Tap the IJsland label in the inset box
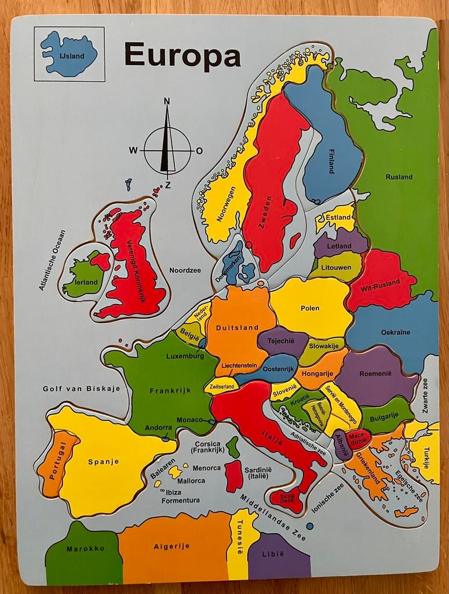pyautogui.click(x=72, y=56)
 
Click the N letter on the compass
pyautogui.click(x=167, y=102)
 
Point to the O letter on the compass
pyautogui.click(x=200, y=151)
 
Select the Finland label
pyautogui.click(x=331, y=161)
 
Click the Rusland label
pyautogui.click(x=399, y=177)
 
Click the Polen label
pyautogui.click(x=310, y=308)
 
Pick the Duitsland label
pyautogui.click(x=237, y=328)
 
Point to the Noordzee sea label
pyautogui.click(x=185, y=270)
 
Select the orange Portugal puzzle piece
pyautogui.click(x=56, y=463)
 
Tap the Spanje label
pyautogui.click(x=104, y=462)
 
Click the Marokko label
pyautogui.click(x=85, y=549)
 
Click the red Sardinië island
pyautogui.click(x=233, y=476)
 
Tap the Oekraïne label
pyautogui.click(x=396, y=332)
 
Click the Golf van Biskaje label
pyautogui.click(x=81, y=389)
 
